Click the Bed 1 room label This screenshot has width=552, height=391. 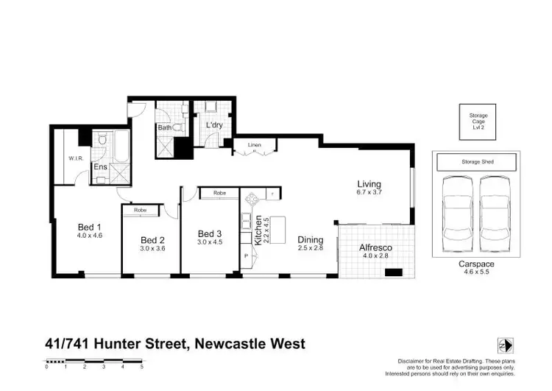[88, 228]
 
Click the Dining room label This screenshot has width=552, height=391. [311, 239]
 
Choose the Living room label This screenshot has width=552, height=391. [369, 184]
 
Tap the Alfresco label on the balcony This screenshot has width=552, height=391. [375, 248]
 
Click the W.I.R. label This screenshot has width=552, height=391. [75, 158]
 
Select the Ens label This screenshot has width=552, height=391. [99, 167]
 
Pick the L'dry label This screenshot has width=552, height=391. [213, 126]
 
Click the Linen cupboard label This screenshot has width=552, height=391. [255, 145]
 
